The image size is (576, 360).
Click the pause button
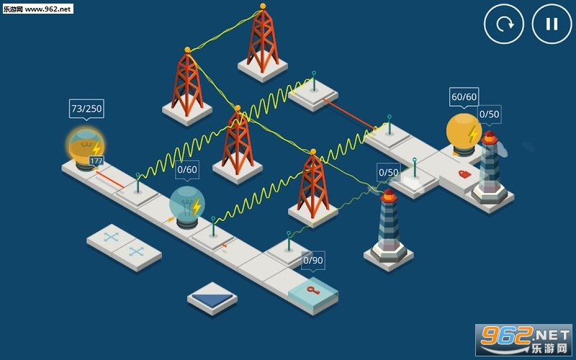coord(552,24)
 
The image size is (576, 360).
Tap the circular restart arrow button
coord(504,24)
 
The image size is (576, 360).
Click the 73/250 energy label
coord(86,109)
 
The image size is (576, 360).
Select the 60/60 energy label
coord(464,97)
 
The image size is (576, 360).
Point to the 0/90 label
coord(313,261)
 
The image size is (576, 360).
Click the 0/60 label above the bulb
coord(186,170)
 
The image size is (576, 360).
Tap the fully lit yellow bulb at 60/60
coord(463,132)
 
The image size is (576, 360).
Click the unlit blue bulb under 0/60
coord(187,204)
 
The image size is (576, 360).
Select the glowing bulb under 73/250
coord(86,146)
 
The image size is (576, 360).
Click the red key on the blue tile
coord(312,290)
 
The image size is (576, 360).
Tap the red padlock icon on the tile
coord(464,174)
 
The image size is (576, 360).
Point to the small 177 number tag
coord(96,161)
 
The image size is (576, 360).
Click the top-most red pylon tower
coord(262,40)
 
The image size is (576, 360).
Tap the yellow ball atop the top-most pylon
coord(263,6)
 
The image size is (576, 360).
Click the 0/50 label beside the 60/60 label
coord(490,114)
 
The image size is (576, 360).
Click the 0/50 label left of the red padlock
coord(388,172)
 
